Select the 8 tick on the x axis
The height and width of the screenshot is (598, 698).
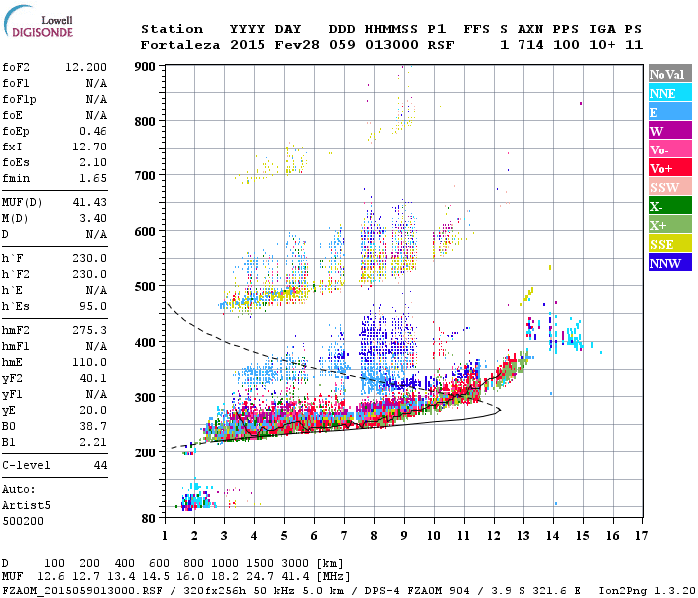pos(374,535)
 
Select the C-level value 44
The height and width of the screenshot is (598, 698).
pos(100,465)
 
